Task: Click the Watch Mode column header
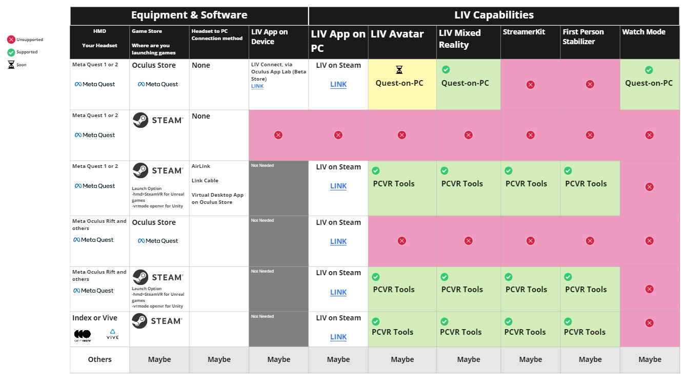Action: [x=643, y=32]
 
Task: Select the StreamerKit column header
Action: [x=524, y=32]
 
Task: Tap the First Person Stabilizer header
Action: [x=583, y=36]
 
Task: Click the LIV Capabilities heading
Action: [x=494, y=15]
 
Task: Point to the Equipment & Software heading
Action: [x=189, y=15]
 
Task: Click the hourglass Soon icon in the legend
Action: [x=11, y=65]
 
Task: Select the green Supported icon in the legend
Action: [x=11, y=52]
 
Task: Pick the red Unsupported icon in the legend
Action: [x=11, y=40]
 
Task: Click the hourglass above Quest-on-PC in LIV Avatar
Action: [x=399, y=69]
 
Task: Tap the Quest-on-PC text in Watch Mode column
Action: [x=649, y=83]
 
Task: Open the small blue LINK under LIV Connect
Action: [x=257, y=86]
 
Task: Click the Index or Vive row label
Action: [x=95, y=318]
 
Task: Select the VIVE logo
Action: [x=113, y=334]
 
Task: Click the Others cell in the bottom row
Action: [x=99, y=359]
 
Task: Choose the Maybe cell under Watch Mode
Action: [x=650, y=359]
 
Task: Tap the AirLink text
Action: [x=201, y=166]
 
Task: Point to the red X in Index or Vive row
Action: [x=650, y=323]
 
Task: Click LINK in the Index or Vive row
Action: [x=338, y=337]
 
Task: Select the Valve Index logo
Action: [x=83, y=334]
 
